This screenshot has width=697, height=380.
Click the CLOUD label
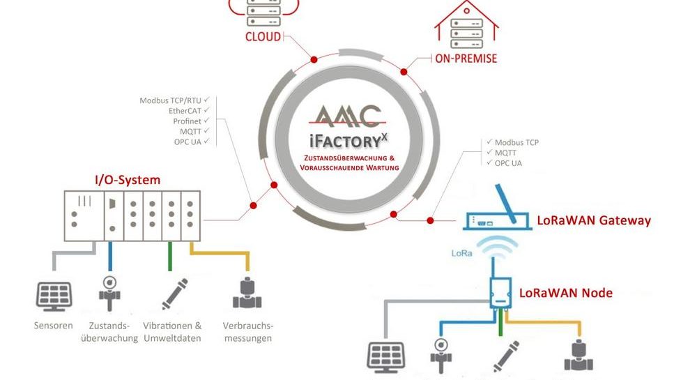[263, 36]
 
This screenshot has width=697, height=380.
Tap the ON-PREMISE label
[466, 59]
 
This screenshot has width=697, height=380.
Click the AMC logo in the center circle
[347, 116]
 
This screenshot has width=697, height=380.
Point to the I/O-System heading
[127, 180]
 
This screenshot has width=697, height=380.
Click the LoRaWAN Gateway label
[593, 220]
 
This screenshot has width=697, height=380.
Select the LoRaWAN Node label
[565, 293]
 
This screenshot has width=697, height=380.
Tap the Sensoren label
[54, 326]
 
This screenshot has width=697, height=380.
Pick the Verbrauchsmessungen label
[247, 332]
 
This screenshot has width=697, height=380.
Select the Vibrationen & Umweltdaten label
[172, 332]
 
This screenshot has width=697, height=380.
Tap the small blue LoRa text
[461, 253]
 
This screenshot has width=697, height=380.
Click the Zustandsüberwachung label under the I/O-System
[109, 332]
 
